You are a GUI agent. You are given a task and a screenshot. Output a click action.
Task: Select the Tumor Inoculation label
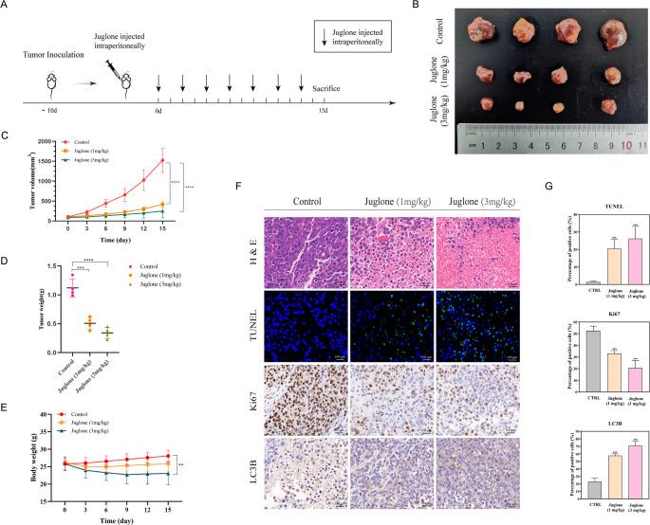point(41,56)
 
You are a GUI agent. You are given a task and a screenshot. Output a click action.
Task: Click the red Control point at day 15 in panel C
point(162,160)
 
